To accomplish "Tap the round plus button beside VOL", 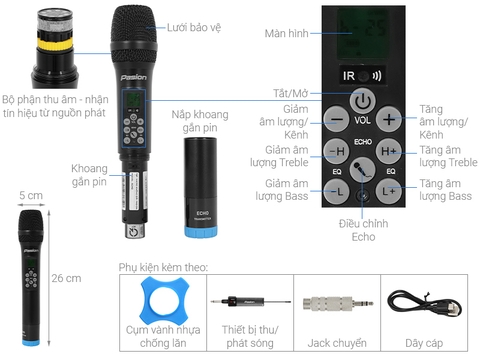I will pyautogui.click(x=391, y=118).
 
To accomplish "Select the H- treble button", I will pyautogui.click(x=335, y=151).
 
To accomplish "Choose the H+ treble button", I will pyautogui.click(x=390, y=151).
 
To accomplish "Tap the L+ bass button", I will pyautogui.click(x=390, y=189).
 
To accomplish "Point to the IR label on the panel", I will pyautogui.click(x=350, y=74).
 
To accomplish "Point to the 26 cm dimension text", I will pyautogui.click(x=65, y=277).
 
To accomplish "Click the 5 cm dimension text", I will pyautogui.click(x=29, y=194).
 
